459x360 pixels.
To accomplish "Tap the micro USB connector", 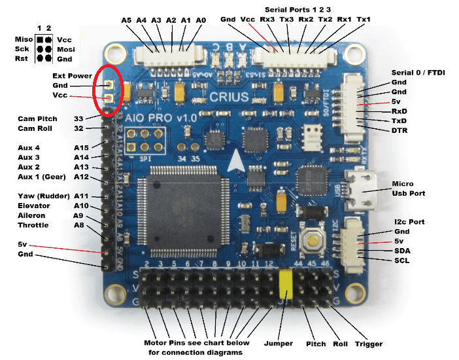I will point(358,190).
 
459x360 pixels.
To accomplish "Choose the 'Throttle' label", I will point(33,225).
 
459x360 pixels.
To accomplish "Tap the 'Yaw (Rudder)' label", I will point(43,196).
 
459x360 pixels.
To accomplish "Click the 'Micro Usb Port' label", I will point(409,189).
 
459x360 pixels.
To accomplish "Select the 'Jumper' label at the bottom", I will point(282,344).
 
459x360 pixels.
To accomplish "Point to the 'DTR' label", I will point(399,131).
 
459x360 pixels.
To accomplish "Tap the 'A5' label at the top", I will point(126,20).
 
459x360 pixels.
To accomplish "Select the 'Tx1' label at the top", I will point(364,20).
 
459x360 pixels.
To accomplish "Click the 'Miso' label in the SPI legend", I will point(24,39).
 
